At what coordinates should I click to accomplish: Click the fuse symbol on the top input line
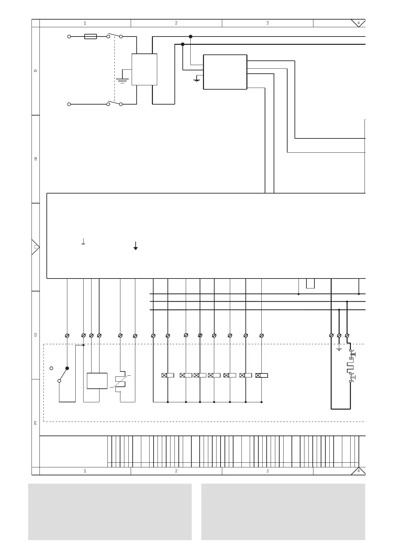coord(91,37)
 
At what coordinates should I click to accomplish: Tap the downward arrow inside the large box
coord(136,246)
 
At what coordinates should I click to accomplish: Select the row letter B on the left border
coord(36,159)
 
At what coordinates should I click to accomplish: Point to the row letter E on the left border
coord(35,423)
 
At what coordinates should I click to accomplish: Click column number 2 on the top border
coord(176,23)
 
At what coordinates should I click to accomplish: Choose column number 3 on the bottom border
coord(268,471)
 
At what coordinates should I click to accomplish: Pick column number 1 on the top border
coord(85,23)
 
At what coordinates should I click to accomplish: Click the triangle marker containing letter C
coord(35,247)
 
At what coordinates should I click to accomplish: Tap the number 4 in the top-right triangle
coord(359,23)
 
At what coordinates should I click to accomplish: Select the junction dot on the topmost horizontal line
coord(190,37)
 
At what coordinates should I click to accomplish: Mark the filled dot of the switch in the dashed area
coord(67,368)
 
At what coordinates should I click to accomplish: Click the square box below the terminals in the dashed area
coord(97,381)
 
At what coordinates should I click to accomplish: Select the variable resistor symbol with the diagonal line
coord(120,381)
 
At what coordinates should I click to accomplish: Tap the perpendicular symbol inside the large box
coord(83,241)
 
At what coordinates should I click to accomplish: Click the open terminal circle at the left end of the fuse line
coord(69,37)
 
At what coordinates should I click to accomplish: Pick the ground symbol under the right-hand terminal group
coord(339,350)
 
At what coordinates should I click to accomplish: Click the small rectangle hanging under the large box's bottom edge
coord(310,283)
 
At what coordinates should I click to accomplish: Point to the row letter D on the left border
coord(36,335)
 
